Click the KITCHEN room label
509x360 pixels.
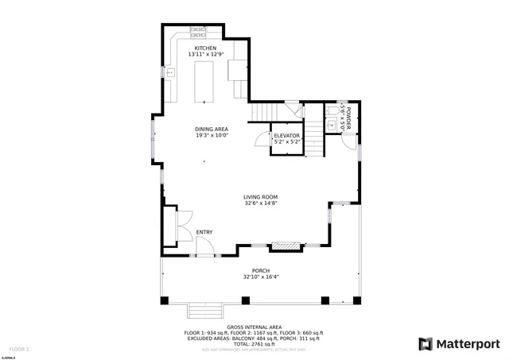(206, 48)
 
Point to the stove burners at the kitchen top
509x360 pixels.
(197, 33)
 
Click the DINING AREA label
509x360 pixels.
(212, 129)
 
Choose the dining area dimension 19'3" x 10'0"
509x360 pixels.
(212, 135)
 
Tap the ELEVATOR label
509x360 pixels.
(287, 136)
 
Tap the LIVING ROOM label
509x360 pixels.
(260, 197)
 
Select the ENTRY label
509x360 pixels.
(204, 232)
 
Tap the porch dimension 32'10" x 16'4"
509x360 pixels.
(260, 277)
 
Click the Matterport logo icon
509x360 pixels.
(426, 344)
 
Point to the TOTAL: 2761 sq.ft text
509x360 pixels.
(254, 344)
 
